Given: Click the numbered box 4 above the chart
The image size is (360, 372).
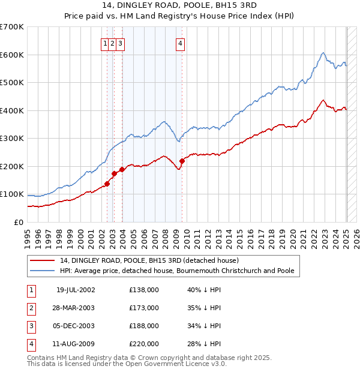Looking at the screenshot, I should point(180,43).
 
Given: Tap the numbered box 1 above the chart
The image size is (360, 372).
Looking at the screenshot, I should point(105,43).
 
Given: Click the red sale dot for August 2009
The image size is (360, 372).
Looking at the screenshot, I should point(182,160).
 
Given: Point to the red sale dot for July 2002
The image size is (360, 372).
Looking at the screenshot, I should point(107,184).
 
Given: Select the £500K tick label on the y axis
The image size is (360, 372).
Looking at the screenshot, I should point(11,82).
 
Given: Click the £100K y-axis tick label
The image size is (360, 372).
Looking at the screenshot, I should point(11,194).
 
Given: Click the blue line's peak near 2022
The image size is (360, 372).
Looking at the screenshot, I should point(323,53).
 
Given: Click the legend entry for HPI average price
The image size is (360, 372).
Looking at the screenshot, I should point(177,271).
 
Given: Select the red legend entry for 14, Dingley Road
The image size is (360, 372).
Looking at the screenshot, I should point(149,260).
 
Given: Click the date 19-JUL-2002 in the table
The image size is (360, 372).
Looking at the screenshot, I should point(76,290).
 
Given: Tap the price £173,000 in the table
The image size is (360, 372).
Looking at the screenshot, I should point(144,308).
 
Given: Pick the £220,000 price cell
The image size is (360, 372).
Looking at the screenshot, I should point(144,344).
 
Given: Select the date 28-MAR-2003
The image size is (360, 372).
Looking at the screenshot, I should point(76,308).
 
